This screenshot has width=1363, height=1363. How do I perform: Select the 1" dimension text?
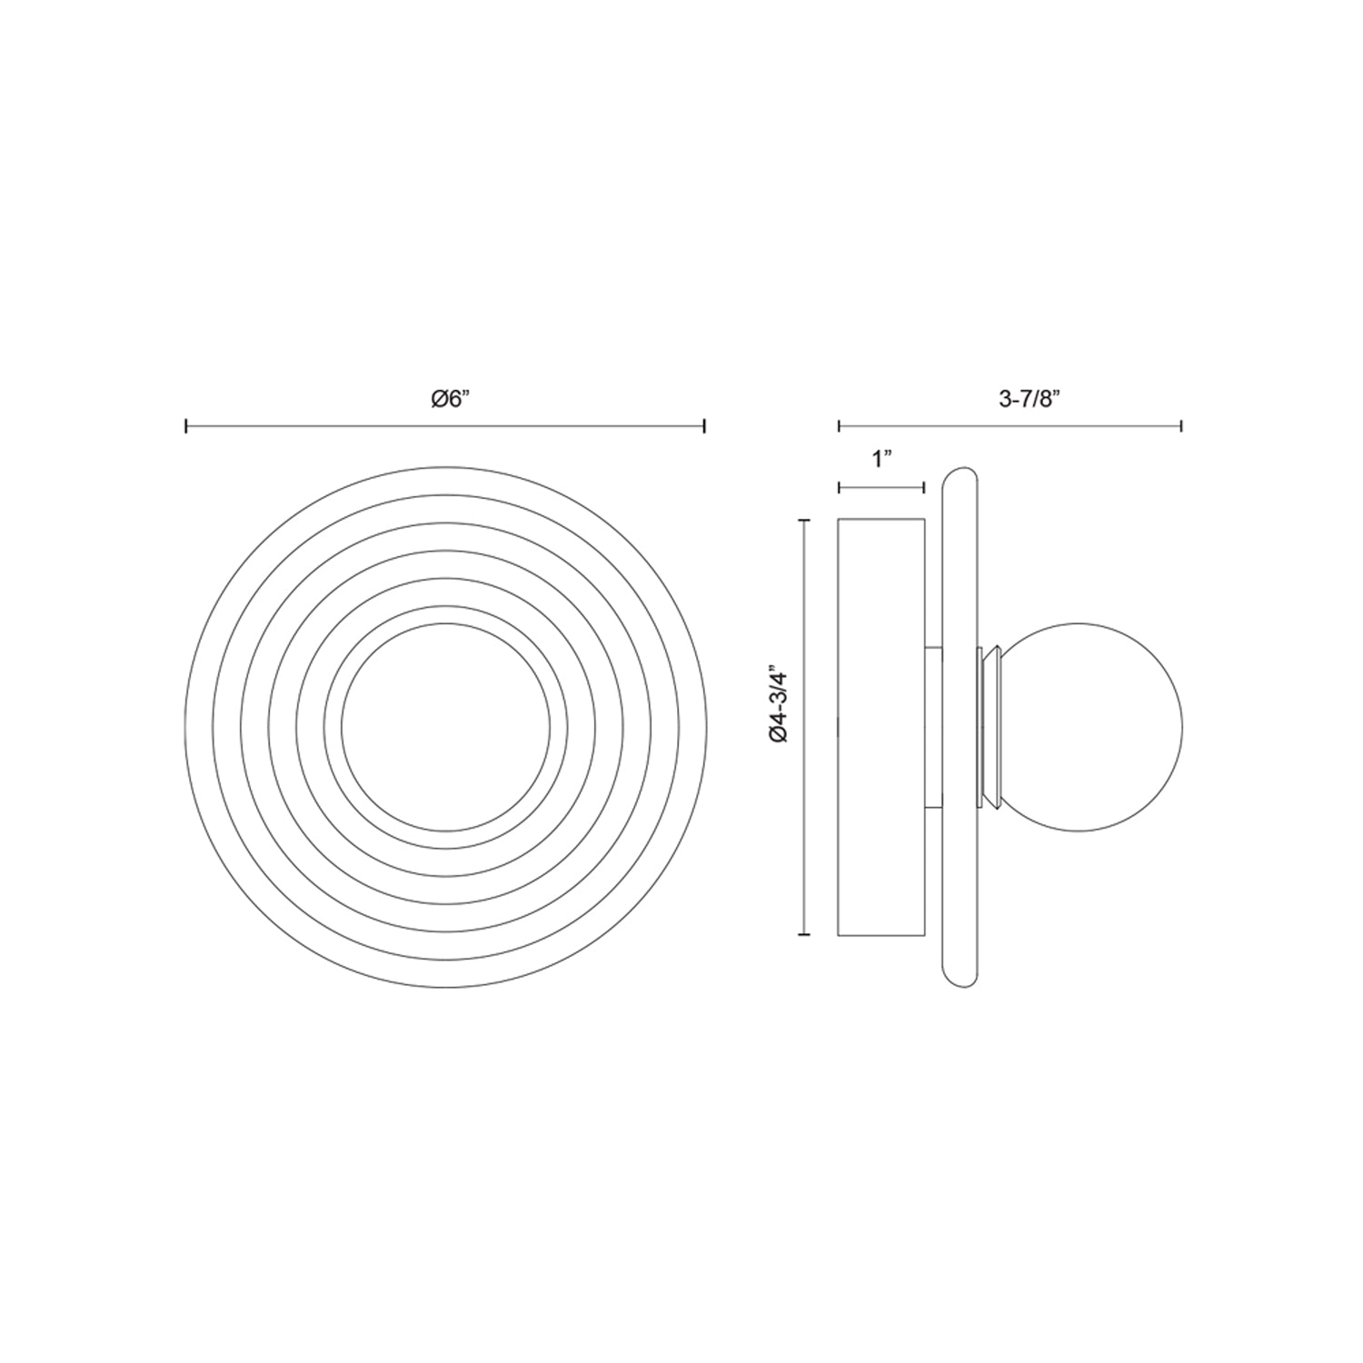click(x=880, y=460)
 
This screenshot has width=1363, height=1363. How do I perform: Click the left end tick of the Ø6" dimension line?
click(x=186, y=425)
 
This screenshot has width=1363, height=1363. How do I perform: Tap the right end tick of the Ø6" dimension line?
click(x=705, y=425)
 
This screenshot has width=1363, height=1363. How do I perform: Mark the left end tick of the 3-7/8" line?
click(x=839, y=425)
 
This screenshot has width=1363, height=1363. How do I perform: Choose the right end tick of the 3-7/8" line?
click(x=1181, y=425)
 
